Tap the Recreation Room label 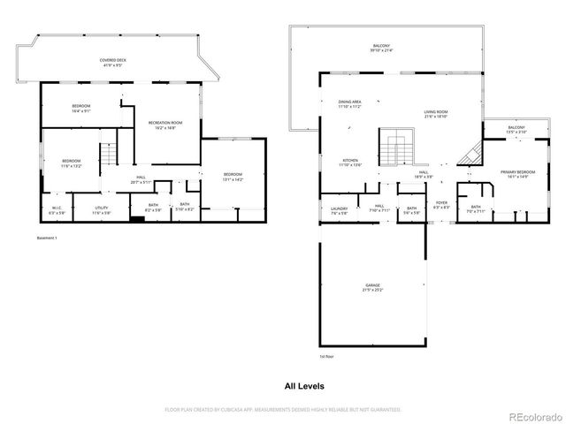[161, 125]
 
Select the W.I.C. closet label [57, 209]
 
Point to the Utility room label [102, 209]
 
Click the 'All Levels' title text [303, 386]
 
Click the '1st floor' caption [327, 356]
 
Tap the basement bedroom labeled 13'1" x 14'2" [233, 176]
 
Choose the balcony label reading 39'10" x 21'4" [381, 48]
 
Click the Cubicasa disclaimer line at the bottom [283, 410]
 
